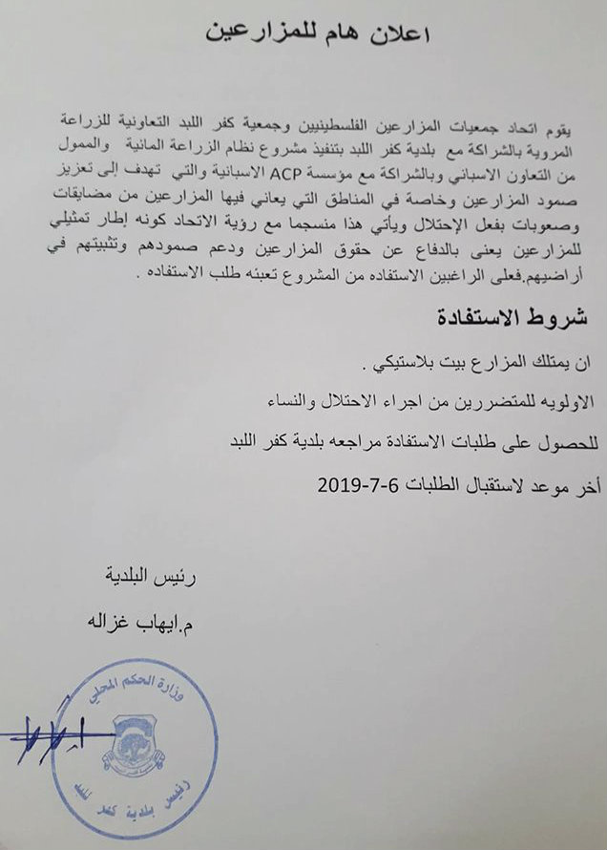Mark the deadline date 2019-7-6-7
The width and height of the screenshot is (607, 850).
(364, 483)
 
